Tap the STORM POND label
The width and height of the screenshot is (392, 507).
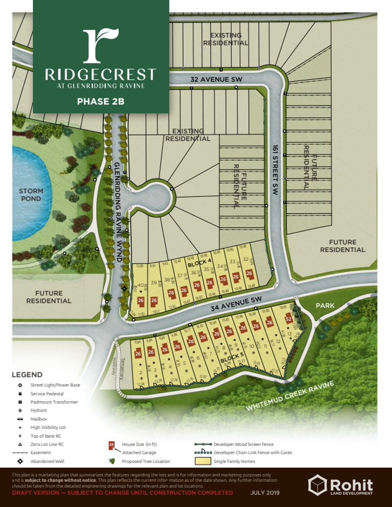tap(31, 195)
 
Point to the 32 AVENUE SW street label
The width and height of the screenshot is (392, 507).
tap(216, 80)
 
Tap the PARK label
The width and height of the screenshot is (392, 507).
tap(325, 306)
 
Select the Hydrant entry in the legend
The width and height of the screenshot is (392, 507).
tap(38, 410)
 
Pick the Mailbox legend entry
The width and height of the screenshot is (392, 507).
tap(38, 419)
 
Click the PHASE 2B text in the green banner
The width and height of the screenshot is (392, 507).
tap(100, 101)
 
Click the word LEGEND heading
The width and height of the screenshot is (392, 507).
tap(27, 375)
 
